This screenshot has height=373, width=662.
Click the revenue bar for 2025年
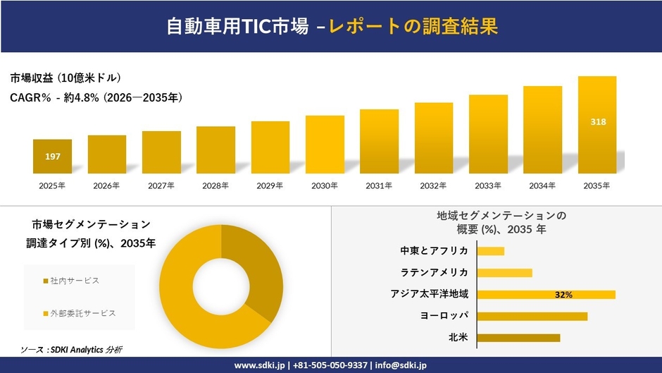click(52, 157)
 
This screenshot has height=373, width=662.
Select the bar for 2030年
click(325, 145)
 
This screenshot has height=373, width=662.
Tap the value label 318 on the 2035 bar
click(597, 122)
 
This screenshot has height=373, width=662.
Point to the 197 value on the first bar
click(52, 157)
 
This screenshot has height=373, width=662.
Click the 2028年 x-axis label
click(216, 186)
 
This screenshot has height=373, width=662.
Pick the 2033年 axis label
click(488, 186)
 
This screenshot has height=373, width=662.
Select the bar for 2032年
click(434, 138)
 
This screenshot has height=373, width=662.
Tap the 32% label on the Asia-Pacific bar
click(563, 295)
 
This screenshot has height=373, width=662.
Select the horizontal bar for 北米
click(518, 338)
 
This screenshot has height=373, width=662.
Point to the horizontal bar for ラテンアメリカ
click(504, 273)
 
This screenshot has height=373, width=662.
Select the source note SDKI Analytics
click(70, 350)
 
